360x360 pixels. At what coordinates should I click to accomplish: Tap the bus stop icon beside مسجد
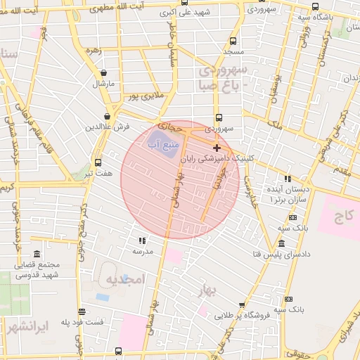(233, 41)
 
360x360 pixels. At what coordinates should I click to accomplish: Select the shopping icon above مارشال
(104, 73)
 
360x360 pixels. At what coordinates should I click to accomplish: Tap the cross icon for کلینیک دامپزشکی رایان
(217, 148)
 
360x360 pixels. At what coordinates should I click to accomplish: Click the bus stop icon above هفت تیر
(97, 161)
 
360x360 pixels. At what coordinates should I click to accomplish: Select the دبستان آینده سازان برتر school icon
(287, 179)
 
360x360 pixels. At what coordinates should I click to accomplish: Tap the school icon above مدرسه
(143, 240)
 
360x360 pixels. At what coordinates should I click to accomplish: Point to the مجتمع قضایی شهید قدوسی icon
(37, 254)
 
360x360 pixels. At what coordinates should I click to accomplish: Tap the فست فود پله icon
(82, 311)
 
